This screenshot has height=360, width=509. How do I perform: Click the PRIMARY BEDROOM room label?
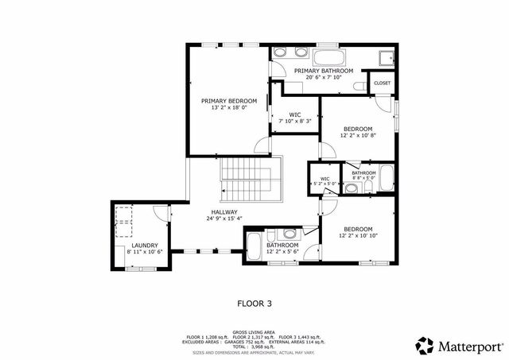[228, 101]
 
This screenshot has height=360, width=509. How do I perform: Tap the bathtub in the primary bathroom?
[328, 56]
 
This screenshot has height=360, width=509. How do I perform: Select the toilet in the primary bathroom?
[360, 84]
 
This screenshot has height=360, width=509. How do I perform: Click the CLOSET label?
[382, 83]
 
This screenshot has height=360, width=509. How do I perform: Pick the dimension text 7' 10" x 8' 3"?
[294, 122]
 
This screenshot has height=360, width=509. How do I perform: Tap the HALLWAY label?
[224, 212]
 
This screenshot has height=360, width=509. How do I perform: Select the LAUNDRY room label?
[145, 246]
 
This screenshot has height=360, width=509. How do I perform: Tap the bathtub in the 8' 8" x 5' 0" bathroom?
[386, 177]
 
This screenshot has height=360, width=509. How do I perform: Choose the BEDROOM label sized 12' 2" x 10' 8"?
[358, 129]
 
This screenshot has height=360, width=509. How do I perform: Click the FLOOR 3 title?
[254, 303]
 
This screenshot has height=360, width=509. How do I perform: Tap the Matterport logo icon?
[425, 346]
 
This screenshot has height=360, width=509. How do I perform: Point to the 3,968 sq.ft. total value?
[264, 347]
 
